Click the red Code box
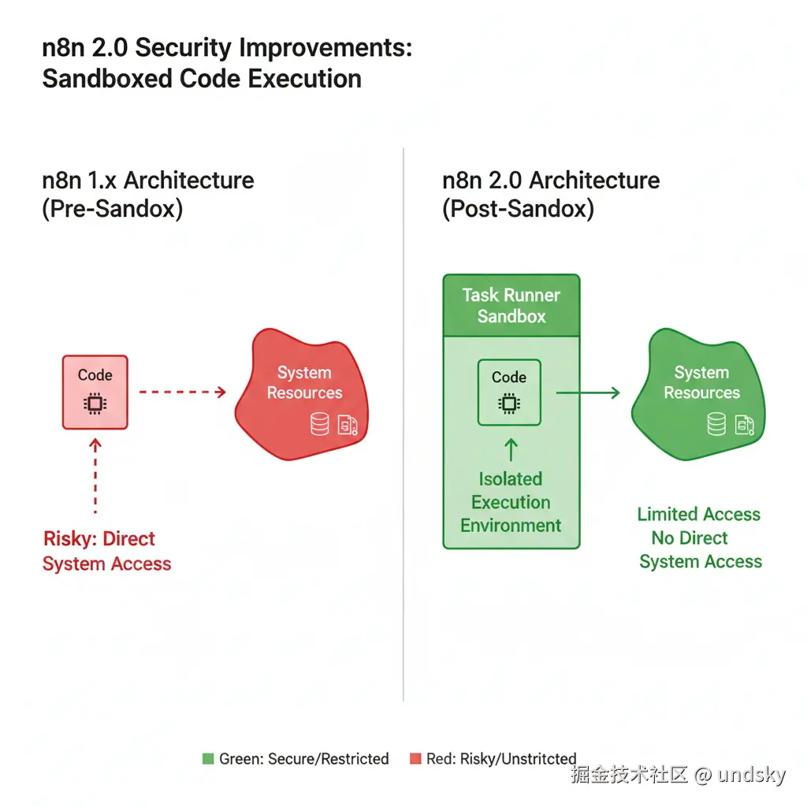tap(95, 392)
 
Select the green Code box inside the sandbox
tap(509, 392)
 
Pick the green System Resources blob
tap(697, 394)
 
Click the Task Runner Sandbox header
tap(511, 306)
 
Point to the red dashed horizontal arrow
tap(182, 392)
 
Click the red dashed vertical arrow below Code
tap(95, 477)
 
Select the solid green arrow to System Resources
tap(588, 392)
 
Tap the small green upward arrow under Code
tap(511, 449)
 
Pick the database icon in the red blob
tap(319, 425)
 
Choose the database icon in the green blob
tap(716, 425)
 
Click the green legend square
tap(208, 759)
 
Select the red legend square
tap(415, 759)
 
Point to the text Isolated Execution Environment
tap(511, 502)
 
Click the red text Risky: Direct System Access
tap(106, 551)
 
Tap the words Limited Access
tap(698, 515)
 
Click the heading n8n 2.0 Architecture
tap(551, 180)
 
